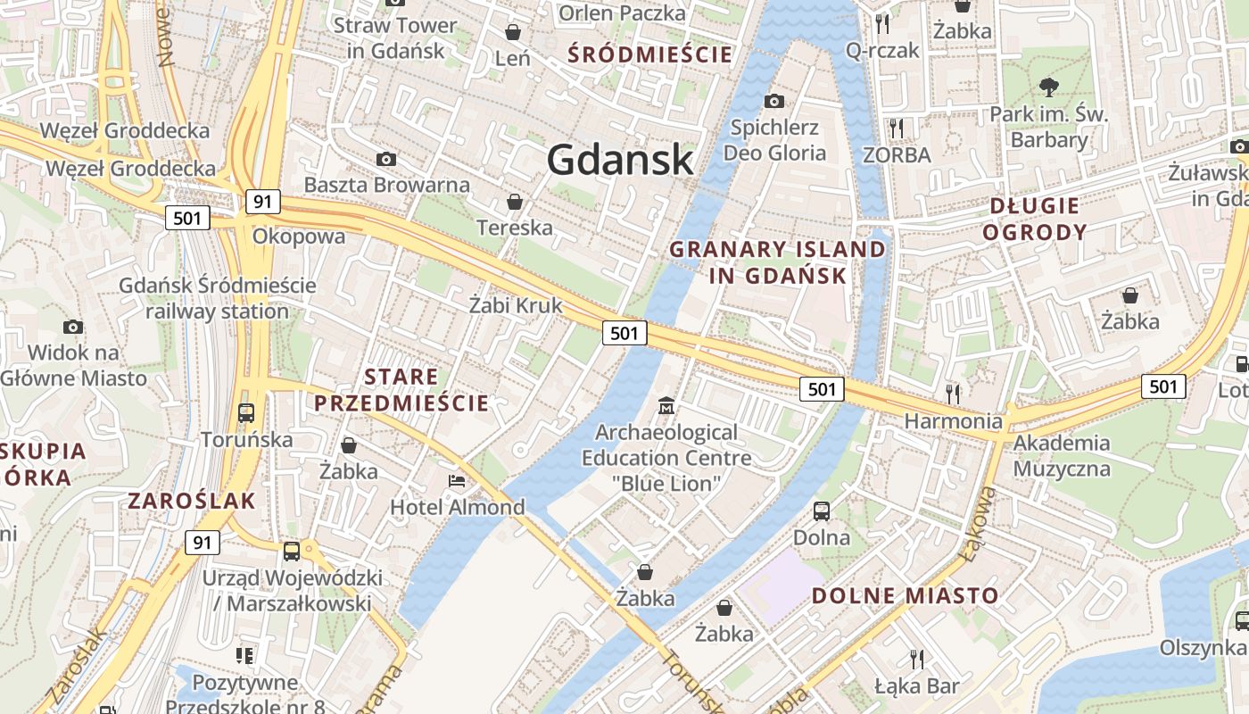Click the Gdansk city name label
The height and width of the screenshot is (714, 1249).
tap(619, 160)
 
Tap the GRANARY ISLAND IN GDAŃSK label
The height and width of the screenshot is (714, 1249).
tap(778, 262)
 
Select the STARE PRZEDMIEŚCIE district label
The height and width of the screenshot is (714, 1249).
tap(401, 390)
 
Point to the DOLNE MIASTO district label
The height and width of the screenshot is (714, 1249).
tap(906, 595)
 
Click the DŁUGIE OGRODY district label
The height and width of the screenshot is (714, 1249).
tap(1035, 220)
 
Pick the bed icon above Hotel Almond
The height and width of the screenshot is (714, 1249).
tap(457, 481)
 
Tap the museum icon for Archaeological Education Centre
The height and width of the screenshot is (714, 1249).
tap(666, 407)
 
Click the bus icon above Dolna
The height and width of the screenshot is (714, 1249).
tap(822, 511)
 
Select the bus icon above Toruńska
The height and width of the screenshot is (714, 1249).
tap(246, 413)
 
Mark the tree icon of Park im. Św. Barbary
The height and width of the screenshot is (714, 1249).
tap(1049, 87)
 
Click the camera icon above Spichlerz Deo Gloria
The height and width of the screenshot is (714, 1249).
tap(773, 101)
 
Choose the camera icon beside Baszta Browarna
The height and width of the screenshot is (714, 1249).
tap(386, 159)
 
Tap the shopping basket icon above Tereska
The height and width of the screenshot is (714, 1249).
tap(514, 201)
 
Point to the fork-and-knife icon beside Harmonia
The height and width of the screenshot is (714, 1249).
tap(953, 393)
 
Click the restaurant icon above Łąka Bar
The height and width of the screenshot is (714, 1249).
tap(916, 659)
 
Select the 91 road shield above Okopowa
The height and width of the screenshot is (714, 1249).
tap(261, 202)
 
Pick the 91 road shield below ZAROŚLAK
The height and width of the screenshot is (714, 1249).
tap(203, 542)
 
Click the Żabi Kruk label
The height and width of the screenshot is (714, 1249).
tap(516, 305)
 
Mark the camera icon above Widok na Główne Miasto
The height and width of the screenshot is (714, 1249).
tap(73, 327)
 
